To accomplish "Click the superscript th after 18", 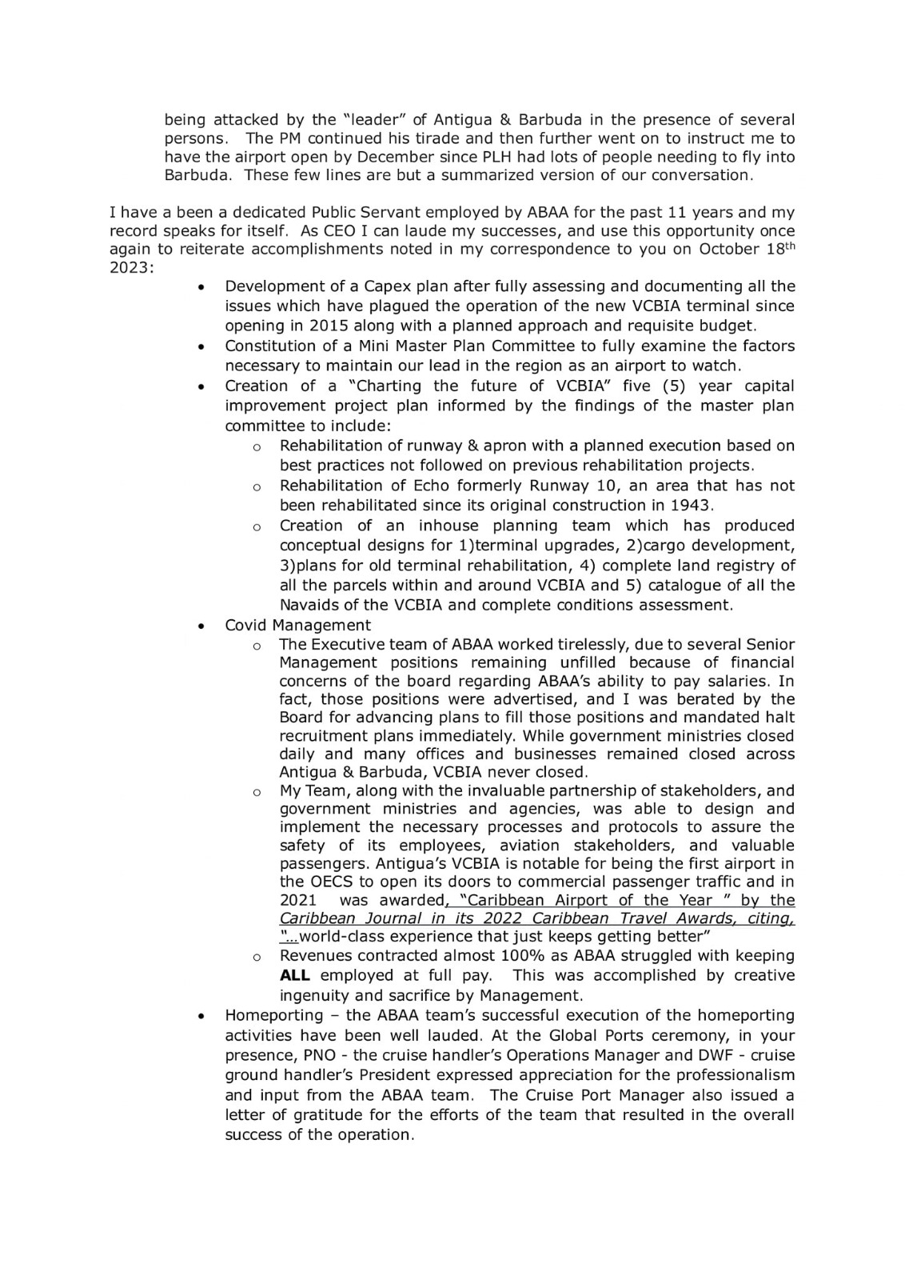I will tap(787, 244).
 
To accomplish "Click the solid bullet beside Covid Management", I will tap(204, 626).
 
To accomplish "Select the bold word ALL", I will tap(294, 976).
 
